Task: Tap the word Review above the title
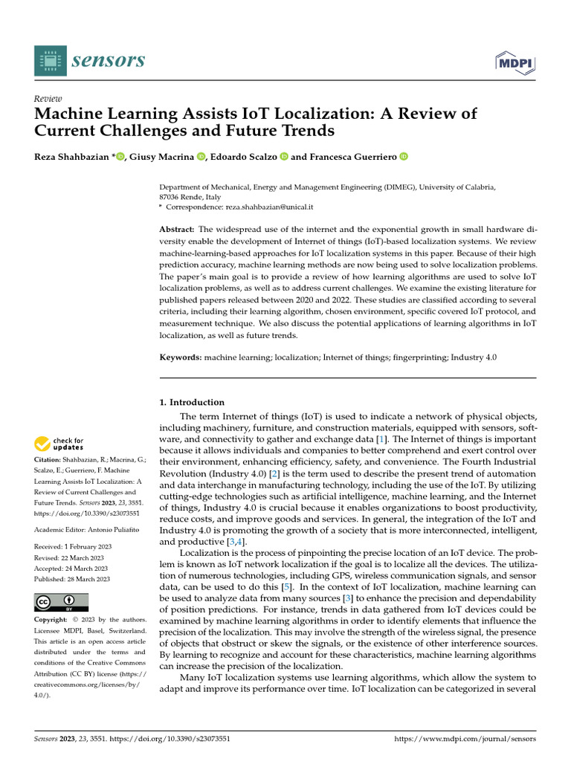pyautogui.click(x=48, y=99)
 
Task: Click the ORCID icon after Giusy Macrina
pyautogui.click(x=201, y=156)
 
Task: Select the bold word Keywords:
pyautogui.click(x=181, y=357)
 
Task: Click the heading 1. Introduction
pyautogui.click(x=193, y=402)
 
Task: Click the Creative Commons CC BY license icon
pyautogui.click(x=61, y=602)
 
